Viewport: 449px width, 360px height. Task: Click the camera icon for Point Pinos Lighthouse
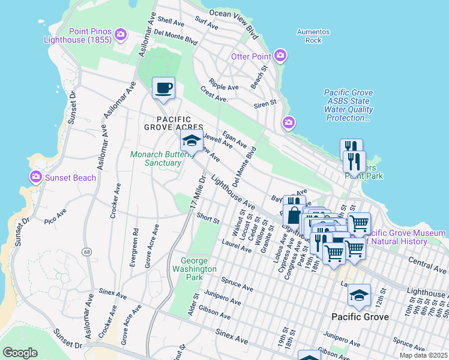pos(121,34)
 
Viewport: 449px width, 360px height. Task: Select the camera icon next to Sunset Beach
pos(35,177)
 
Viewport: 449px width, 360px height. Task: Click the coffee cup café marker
pos(163,89)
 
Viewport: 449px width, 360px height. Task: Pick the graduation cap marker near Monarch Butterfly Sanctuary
pos(191,142)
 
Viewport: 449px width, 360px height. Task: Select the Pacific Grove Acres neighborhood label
pos(172,123)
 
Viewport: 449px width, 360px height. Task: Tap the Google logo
pos(20,353)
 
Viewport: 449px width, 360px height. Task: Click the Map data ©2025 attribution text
pos(423,355)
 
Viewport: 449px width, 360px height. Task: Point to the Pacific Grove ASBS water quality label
pos(349,105)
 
